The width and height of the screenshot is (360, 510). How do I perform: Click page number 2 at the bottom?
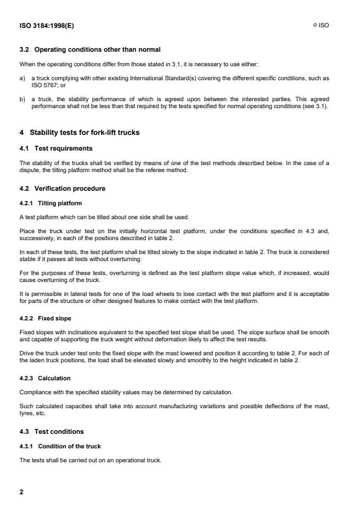coord(22,492)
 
